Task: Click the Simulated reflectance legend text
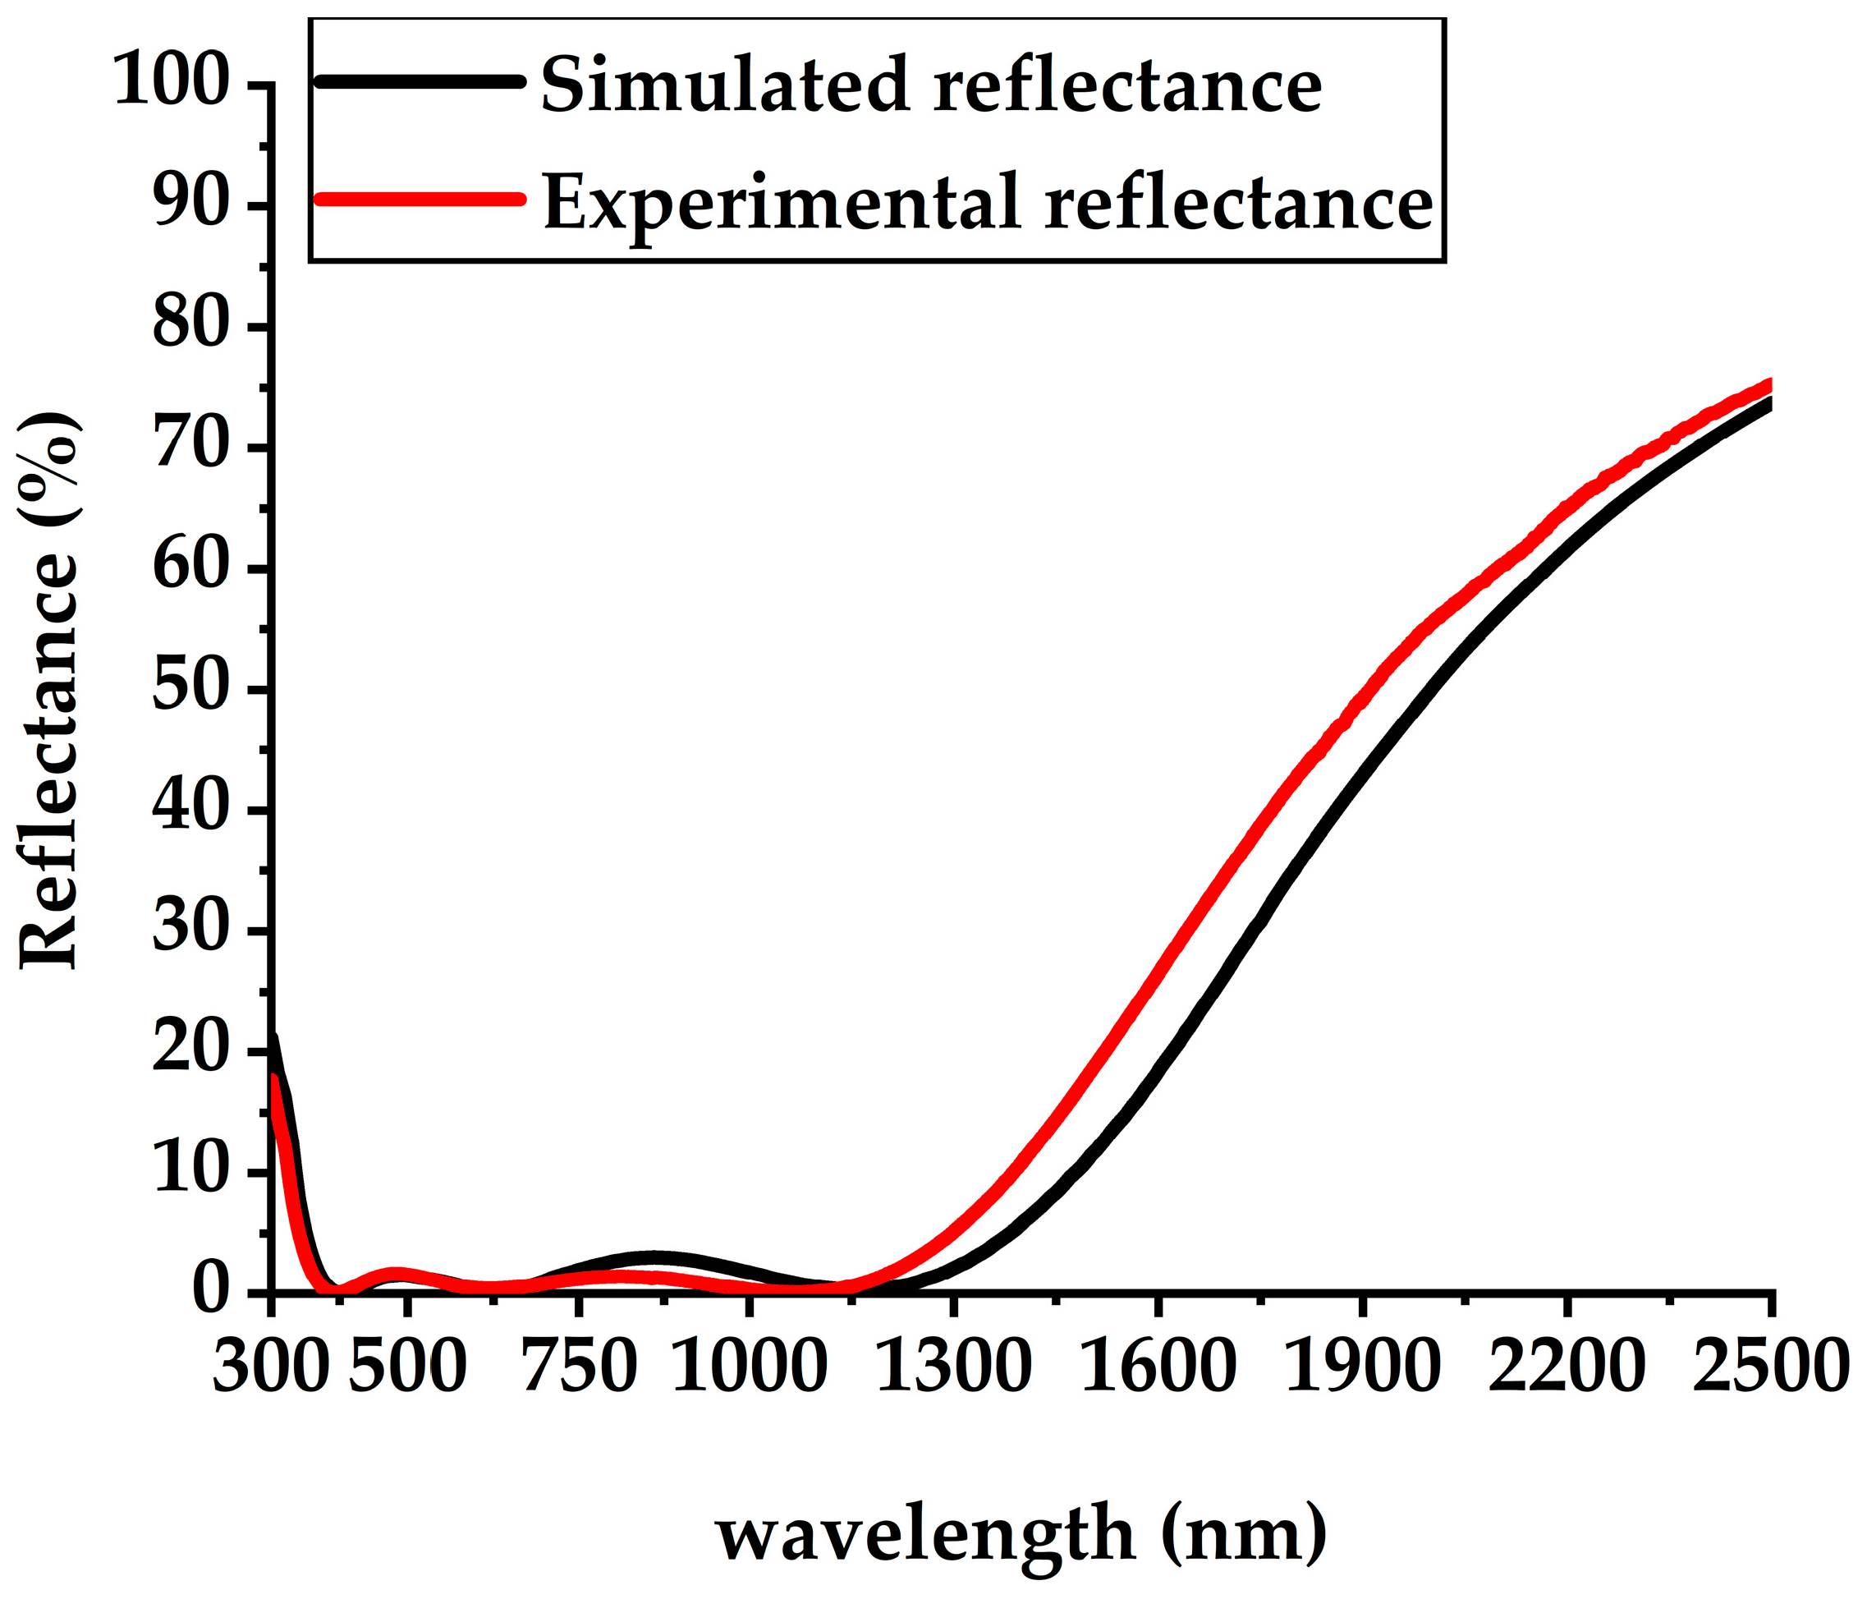(931, 85)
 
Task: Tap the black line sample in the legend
(420, 81)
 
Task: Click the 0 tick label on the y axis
(211, 1291)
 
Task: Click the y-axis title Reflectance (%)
(49, 691)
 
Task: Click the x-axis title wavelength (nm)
(1021, 1532)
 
